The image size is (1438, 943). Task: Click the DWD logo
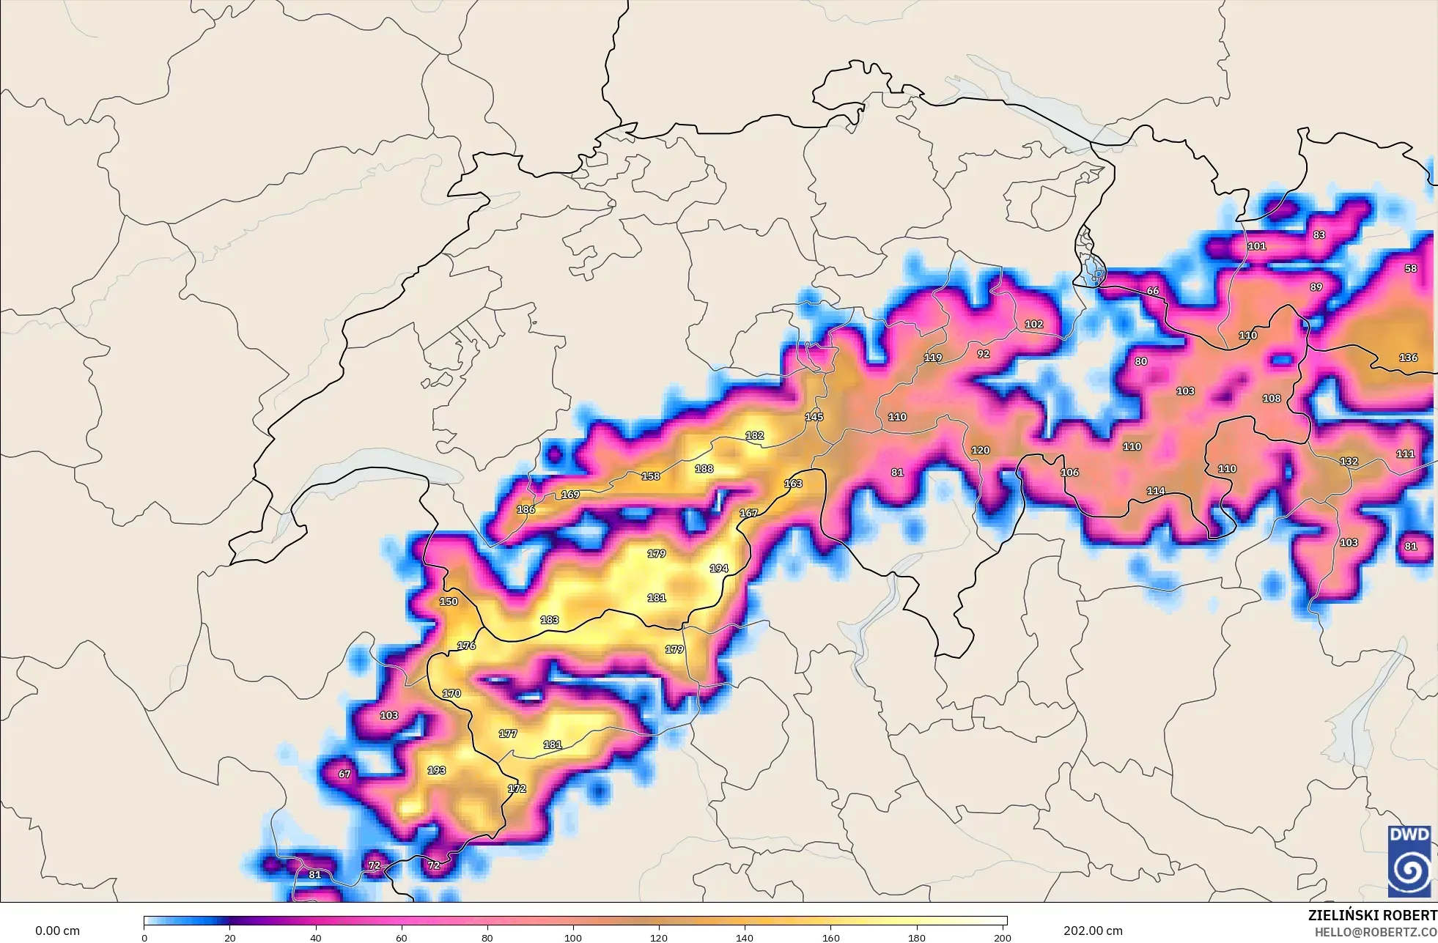pyautogui.click(x=1409, y=861)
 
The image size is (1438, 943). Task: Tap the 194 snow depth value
pyautogui.click(x=719, y=569)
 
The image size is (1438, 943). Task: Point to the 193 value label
pyautogui.click(x=436, y=770)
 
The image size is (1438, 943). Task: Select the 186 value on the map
pyautogui.click(x=526, y=509)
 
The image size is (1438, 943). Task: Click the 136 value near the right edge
pyautogui.click(x=1408, y=358)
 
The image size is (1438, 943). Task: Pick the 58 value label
pyautogui.click(x=1410, y=268)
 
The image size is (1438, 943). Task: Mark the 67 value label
pyautogui.click(x=344, y=774)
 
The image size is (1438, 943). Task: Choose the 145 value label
pyautogui.click(x=814, y=417)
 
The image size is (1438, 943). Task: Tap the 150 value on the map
pyautogui.click(x=448, y=602)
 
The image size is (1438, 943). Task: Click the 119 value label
pyautogui.click(x=932, y=358)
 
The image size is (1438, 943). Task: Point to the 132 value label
pyautogui.click(x=1349, y=462)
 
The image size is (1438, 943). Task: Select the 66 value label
pyautogui.click(x=1152, y=291)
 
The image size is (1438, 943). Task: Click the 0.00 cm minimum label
pyautogui.click(x=57, y=931)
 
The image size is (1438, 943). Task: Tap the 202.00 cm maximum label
pyautogui.click(x=1093, y=931)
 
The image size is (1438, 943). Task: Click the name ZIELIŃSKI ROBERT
pyautogui.click(x=1372, y=915)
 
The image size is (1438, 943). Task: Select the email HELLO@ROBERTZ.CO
pyautogui.click(x=1375, y=932)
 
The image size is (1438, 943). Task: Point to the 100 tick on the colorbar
pyautogui.click(x=573, y=938)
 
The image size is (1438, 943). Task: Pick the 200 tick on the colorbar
pyautogui.click(x=1002, y=938)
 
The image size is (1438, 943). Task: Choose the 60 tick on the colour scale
pyautogui.click(x=401, y=938)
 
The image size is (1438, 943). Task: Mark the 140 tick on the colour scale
pyautogui.click(x=745, y=938)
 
